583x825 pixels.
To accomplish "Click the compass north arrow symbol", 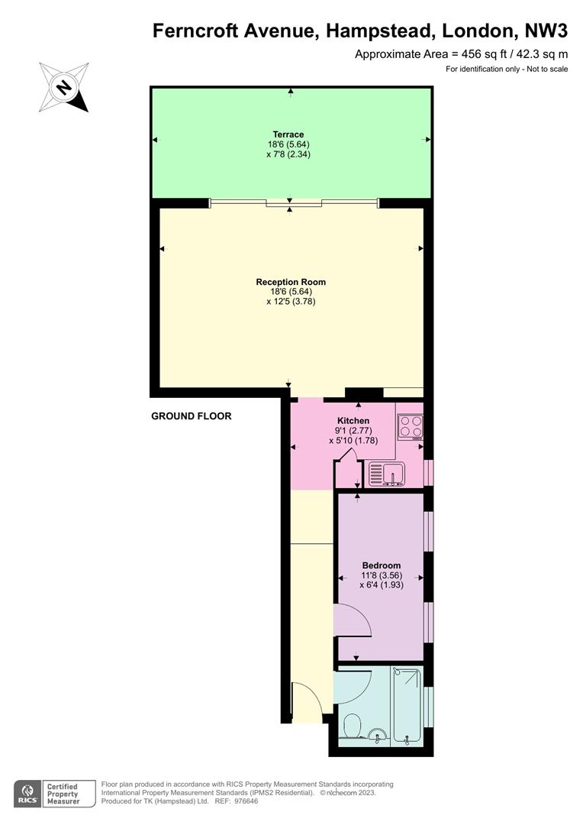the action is pos(63,87).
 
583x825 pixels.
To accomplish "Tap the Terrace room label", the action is pos(288,134).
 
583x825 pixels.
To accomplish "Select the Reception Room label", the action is pos(291,282).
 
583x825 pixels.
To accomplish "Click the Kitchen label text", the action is pos(353,420).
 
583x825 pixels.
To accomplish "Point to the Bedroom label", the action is pos(381,565).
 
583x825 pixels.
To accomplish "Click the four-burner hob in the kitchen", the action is pos(411,427).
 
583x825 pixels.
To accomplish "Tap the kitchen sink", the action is pos(386,474).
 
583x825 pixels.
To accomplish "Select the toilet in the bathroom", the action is pos(351,727).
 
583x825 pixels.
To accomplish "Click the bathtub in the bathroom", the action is pos(407,706).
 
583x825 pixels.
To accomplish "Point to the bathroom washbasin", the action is pos(378,736).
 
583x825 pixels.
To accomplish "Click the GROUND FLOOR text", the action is pos(192,416).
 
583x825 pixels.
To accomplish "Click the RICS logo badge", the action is pos(27,794).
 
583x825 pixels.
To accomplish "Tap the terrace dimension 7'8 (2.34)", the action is pos(288,154).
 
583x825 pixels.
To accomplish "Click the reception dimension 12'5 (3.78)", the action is pos(291,302).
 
